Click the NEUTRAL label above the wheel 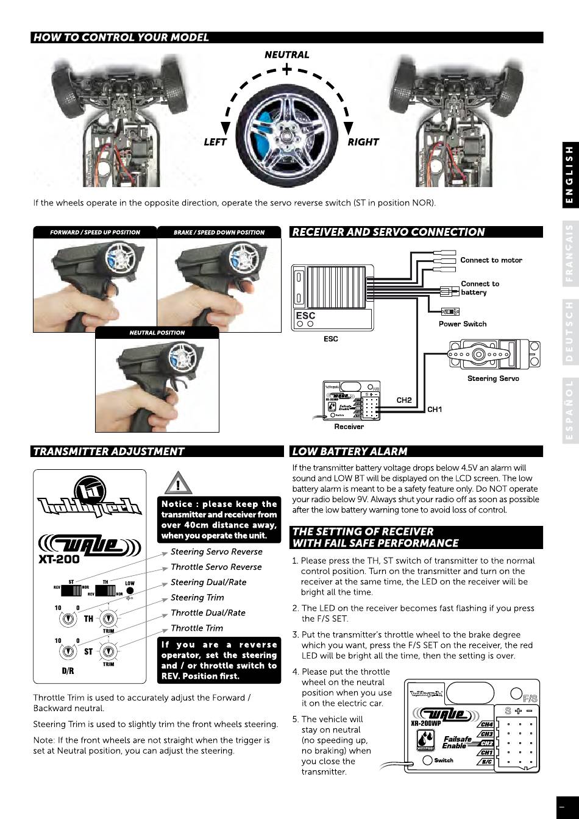[286, 55]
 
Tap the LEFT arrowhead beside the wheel [226, 127]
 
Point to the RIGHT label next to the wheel [363, 142]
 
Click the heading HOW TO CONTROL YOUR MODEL [121, 38]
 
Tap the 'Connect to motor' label [491, 260]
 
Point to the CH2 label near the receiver [404, 400]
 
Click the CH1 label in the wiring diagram [435, 409]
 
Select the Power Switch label [463, 324]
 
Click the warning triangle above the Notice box [178, 485]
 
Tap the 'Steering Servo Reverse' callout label [216, 552]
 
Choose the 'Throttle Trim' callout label [197, 628]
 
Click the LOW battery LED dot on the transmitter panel [130, 591]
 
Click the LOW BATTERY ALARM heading [350, 452]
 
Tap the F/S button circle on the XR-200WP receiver [516, 693]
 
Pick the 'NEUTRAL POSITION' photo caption [157, 333]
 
